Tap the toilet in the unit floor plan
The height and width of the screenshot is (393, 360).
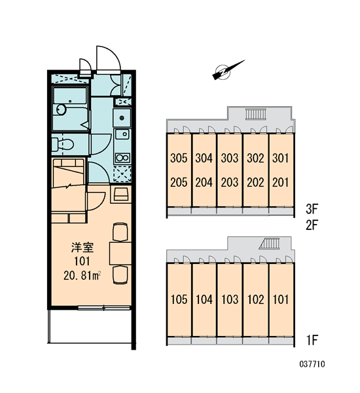63,144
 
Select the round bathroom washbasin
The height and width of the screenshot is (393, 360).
61,109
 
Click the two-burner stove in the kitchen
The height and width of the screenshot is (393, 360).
122,158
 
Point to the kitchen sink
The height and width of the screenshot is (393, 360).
122,134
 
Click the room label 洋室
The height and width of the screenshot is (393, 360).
82,248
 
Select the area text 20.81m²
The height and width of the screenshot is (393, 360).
82,276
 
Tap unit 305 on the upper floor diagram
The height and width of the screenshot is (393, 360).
179,158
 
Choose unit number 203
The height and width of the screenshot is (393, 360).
230,182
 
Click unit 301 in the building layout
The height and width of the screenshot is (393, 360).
281,158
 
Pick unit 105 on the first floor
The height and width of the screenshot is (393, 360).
179,299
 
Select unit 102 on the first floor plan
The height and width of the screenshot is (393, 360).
255,299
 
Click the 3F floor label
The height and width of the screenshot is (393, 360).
312,209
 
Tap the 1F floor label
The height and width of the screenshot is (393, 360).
312,340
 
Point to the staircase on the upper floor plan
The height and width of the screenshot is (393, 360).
255,114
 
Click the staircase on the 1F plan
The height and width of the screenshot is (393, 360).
269,244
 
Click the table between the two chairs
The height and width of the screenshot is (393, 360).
120,253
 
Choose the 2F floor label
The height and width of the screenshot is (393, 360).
312,225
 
